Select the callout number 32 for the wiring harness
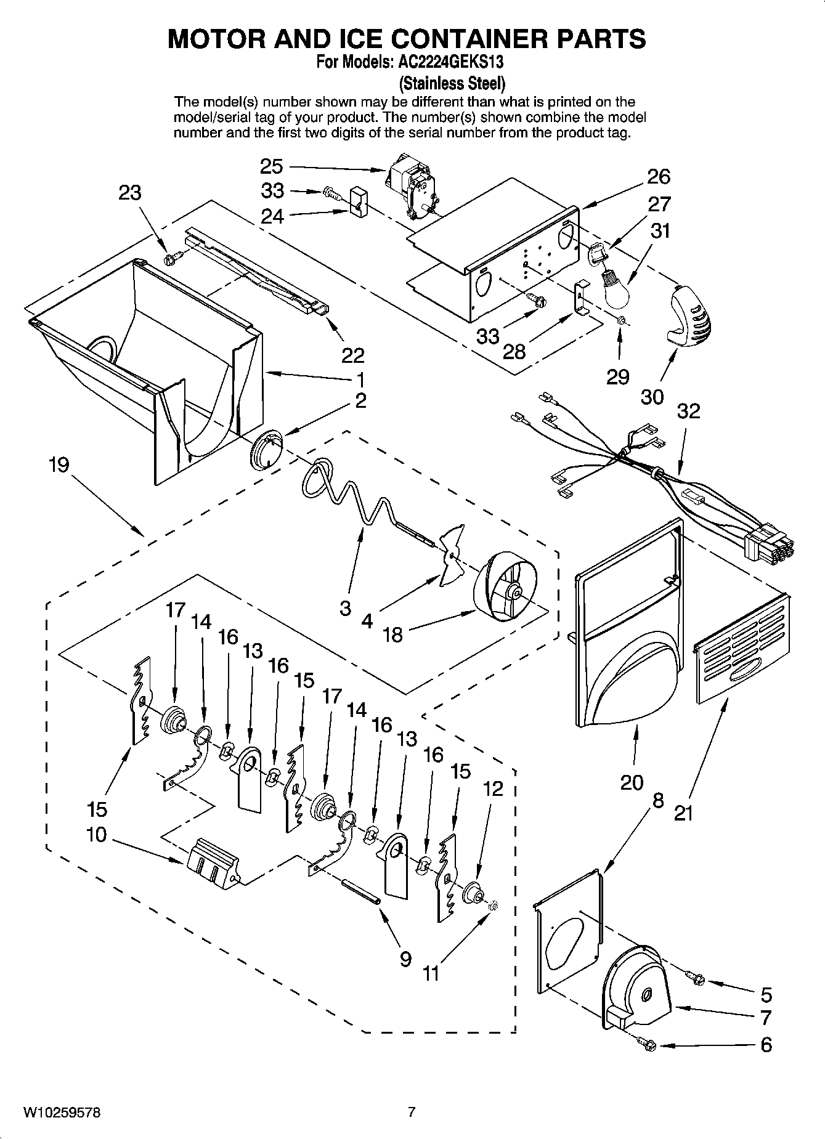pos(688,411)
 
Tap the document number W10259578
pos(62,1113)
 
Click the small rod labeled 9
pos(362,893)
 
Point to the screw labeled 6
pos(648,1044)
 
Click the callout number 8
pos(658,801)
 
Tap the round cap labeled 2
pos(266,452)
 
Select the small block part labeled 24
pos(357,202)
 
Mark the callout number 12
pos(493,788)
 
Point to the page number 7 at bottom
pos(412,1113)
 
